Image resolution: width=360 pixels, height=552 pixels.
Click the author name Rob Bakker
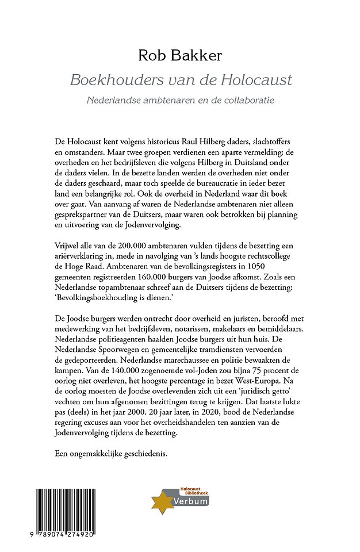[179, 55]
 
